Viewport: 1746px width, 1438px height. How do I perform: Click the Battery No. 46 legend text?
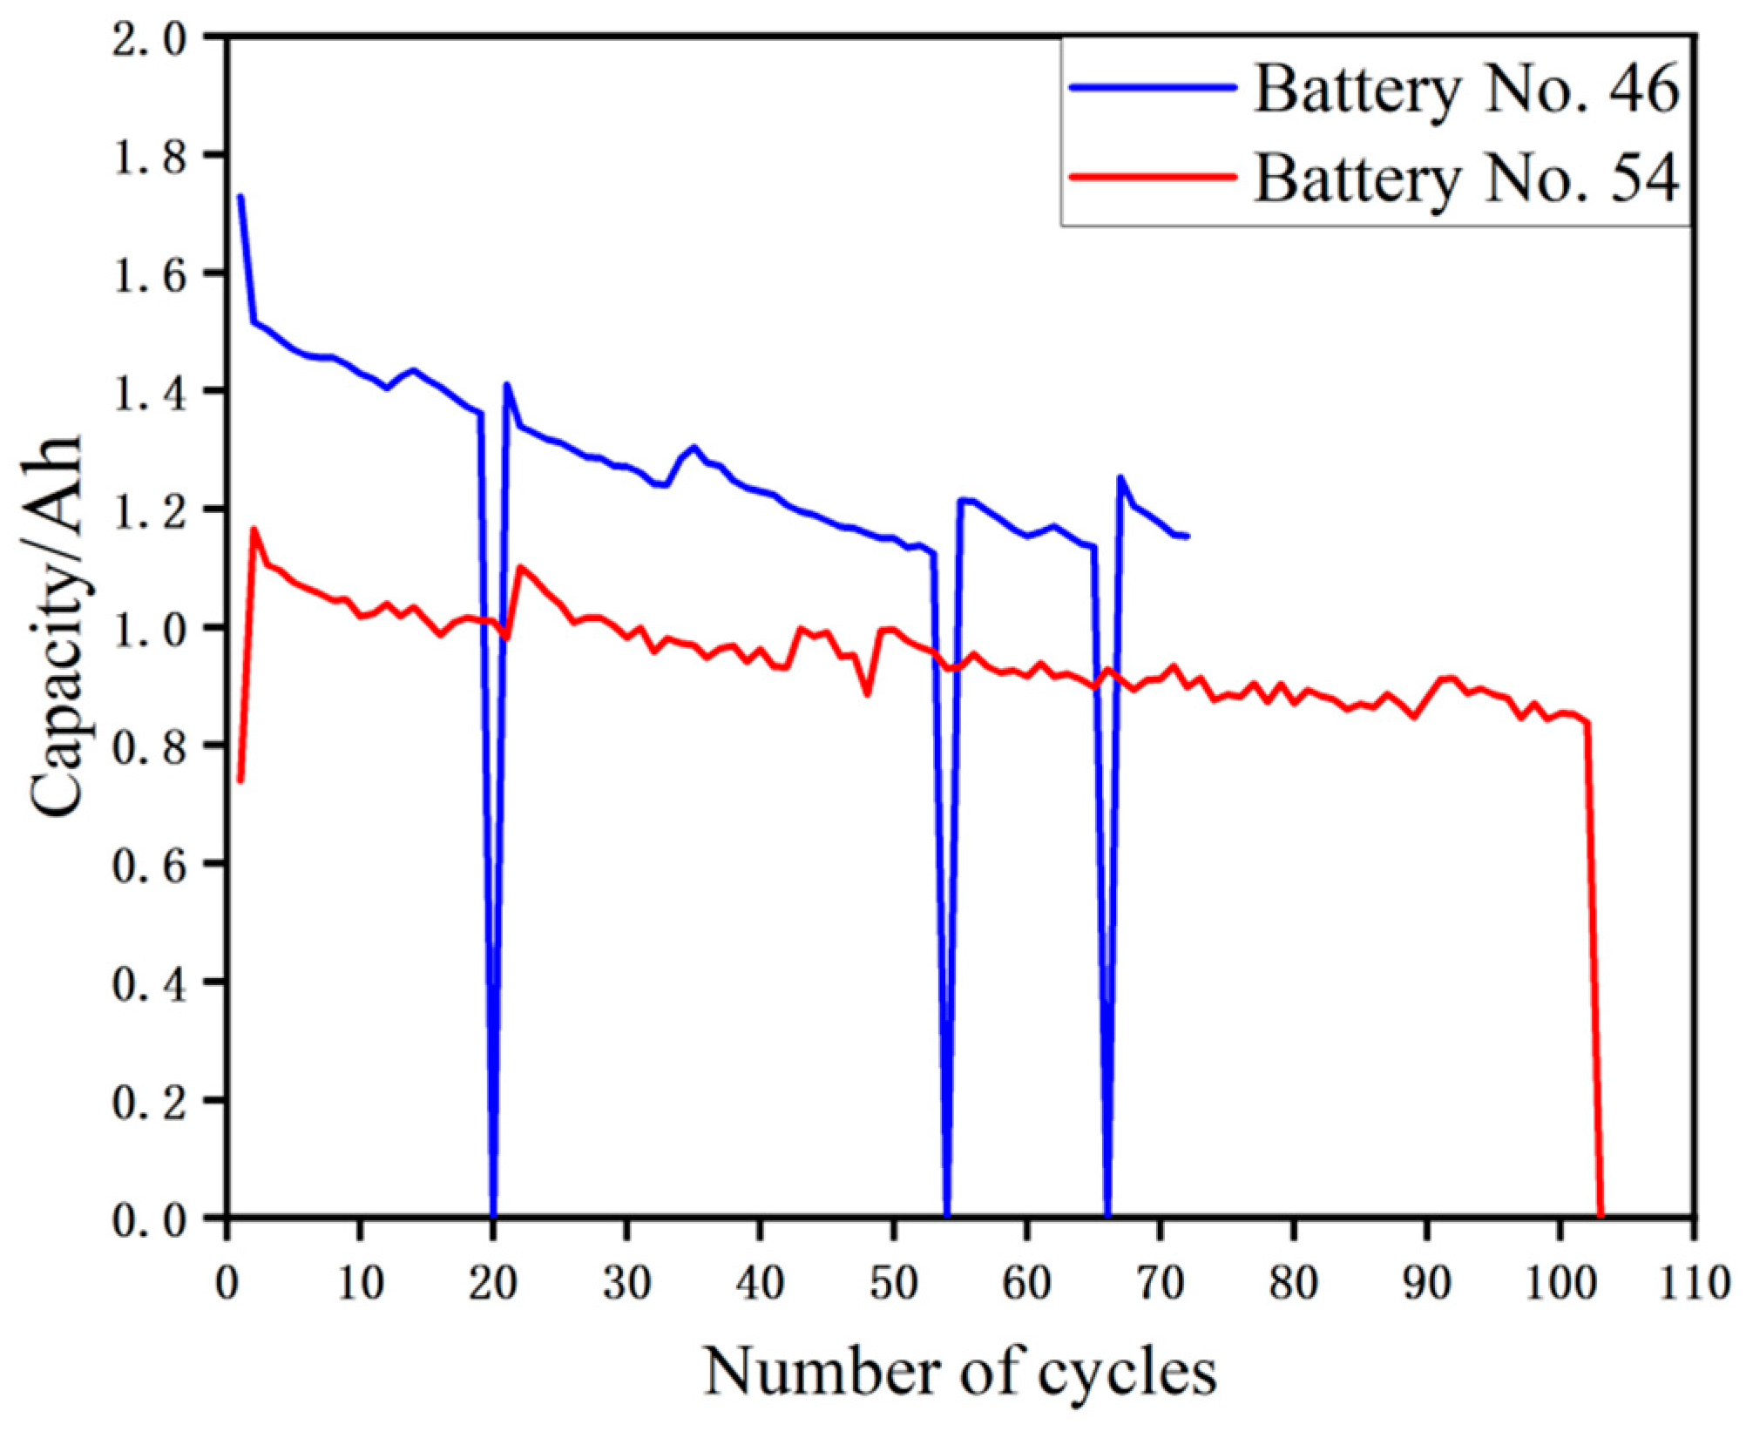point(1465,89)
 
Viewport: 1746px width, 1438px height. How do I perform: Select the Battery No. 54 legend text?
point(1465,179)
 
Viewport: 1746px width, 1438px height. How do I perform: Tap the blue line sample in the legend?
point(1152,87)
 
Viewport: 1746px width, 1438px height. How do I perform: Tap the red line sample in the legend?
point(1152,177)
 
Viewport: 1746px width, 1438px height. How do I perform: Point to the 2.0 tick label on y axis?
point(149,38)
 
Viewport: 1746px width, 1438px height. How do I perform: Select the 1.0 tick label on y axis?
point(149,628)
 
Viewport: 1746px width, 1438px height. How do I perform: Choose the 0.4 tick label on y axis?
point(149,983)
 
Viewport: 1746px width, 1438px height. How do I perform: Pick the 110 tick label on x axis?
point(1693,1284)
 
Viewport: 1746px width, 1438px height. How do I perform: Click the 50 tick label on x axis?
point(893,1284)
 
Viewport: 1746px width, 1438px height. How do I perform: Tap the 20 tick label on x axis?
point(493,1284)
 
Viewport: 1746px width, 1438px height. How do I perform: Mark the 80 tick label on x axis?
point(1293,1284)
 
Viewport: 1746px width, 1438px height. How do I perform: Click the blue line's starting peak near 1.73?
point(240,197)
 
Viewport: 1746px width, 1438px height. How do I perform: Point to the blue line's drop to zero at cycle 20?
point(493,1213)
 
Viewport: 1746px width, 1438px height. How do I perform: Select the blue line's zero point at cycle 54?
point(947,1213)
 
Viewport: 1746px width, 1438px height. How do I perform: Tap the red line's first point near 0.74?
point(240,780)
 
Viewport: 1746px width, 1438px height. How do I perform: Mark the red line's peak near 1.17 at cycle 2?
point(254,529)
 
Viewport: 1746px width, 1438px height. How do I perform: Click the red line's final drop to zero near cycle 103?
point(1600,1213)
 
